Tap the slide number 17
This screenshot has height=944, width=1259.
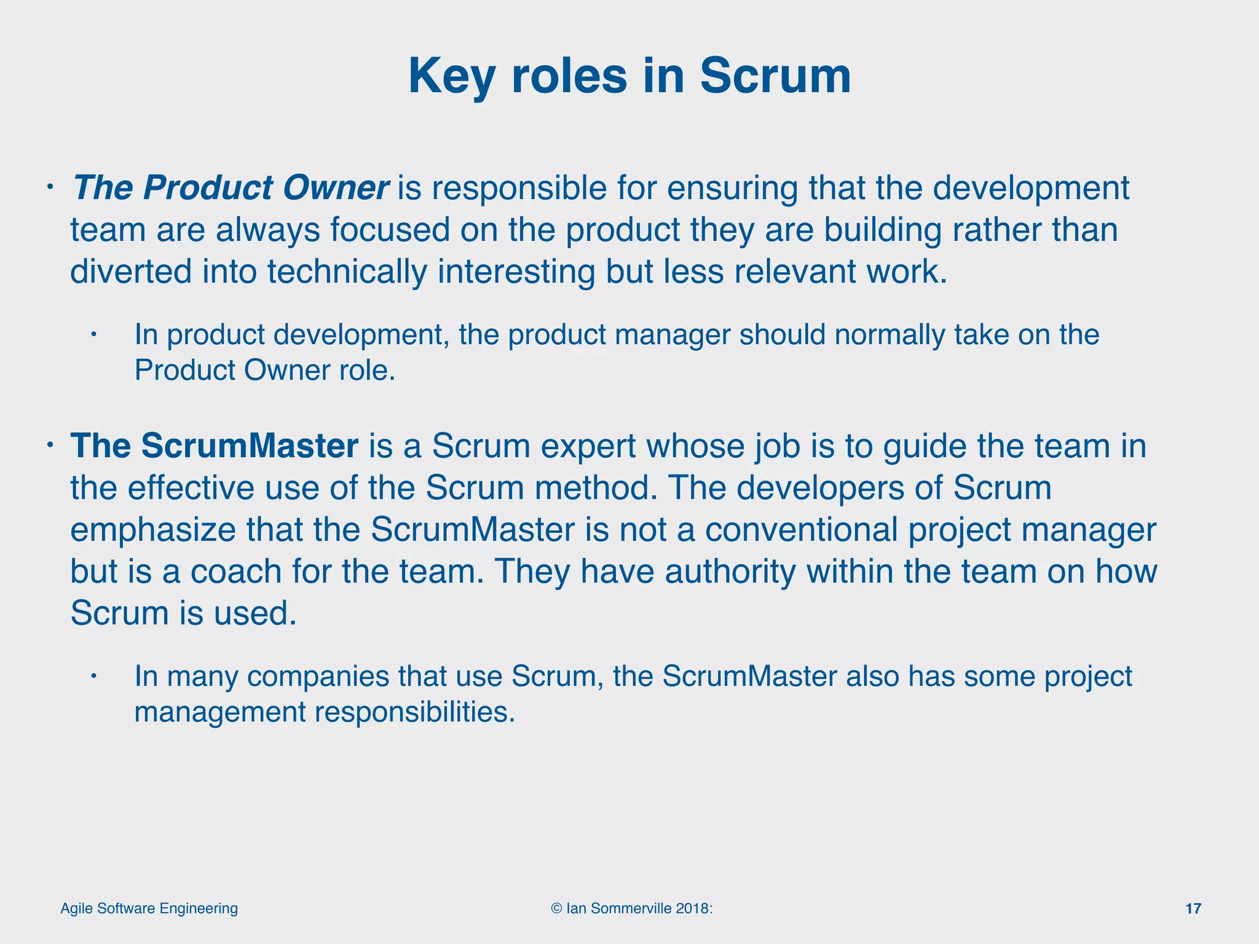coord(1193,908)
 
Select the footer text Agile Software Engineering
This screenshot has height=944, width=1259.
coord(149,908)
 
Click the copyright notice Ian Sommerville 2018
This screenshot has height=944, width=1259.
coord(632,908)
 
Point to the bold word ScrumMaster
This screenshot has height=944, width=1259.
coord(250,446)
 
